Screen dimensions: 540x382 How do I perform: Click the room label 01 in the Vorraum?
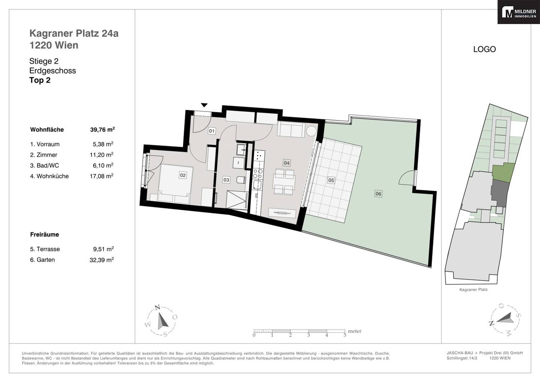click(211, 131)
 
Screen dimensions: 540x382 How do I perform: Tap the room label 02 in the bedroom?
click(183, 175)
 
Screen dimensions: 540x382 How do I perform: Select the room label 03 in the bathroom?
click(226, 180)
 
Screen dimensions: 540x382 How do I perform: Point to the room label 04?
click(286, 163)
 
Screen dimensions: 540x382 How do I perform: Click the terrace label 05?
click(331, 180)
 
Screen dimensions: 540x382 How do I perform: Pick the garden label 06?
click(378, 194)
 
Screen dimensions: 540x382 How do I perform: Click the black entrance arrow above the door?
click(204, 105)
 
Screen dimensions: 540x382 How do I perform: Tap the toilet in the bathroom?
click(241, 180)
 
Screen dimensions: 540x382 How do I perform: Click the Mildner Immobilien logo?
click(519, 12)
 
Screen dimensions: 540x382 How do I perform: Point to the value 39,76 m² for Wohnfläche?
click(102, 129)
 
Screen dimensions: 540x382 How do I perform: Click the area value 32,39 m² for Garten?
click(102, 260)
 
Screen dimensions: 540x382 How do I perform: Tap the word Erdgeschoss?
click(52, 71)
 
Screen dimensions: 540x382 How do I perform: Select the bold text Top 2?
click(40, 80)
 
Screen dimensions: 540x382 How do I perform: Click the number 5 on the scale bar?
click(345, 335)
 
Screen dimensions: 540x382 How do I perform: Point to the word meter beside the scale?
click(355, 331)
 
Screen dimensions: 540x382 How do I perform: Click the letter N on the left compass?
click(157, 307)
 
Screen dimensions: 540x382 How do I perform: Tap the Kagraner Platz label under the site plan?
click(474, 290)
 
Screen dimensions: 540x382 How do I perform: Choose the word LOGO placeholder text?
click(484, 49)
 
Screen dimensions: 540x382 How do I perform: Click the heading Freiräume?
click(45, 235)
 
